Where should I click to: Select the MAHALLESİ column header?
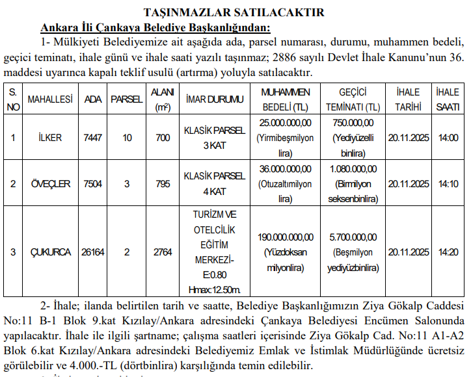(49, 99)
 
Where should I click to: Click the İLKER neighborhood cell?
(49, 138)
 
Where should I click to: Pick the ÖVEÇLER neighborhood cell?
(49, 184)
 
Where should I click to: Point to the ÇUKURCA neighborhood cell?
(49, 252)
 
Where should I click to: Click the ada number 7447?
(92, 138)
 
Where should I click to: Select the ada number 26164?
(92, 252)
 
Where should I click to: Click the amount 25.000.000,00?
(285, 123)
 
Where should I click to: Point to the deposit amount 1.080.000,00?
(353, 169)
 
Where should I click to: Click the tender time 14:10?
(448, 184)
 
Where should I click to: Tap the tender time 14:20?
(448, 252)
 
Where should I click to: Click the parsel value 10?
(127, 138)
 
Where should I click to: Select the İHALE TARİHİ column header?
(408, 99)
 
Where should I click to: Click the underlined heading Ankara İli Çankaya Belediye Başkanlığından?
(155, 27)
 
